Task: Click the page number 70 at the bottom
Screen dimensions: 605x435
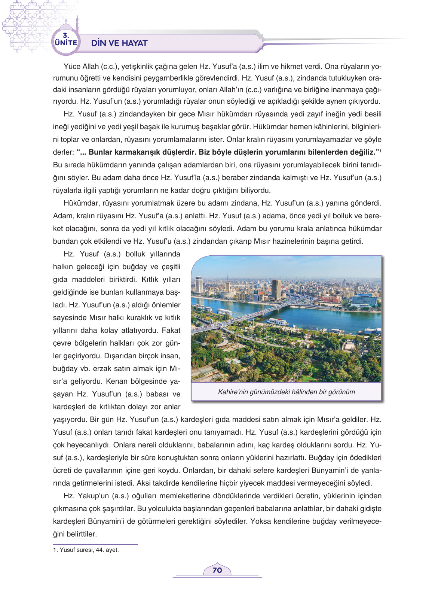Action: pos(217,570)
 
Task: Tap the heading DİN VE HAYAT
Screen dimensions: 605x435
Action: pos(119,43)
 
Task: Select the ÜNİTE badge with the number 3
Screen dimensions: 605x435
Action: pos(66,40)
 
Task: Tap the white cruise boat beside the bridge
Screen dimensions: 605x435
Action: pos(278,322)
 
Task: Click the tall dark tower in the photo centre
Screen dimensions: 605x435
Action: pos(276,289)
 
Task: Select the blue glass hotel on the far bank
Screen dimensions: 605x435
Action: pos(364,299)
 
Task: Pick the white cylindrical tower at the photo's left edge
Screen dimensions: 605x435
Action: pos(199,285)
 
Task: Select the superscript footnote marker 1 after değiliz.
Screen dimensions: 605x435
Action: pos(380,150)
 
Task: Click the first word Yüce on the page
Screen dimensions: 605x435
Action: pos(72,66)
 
